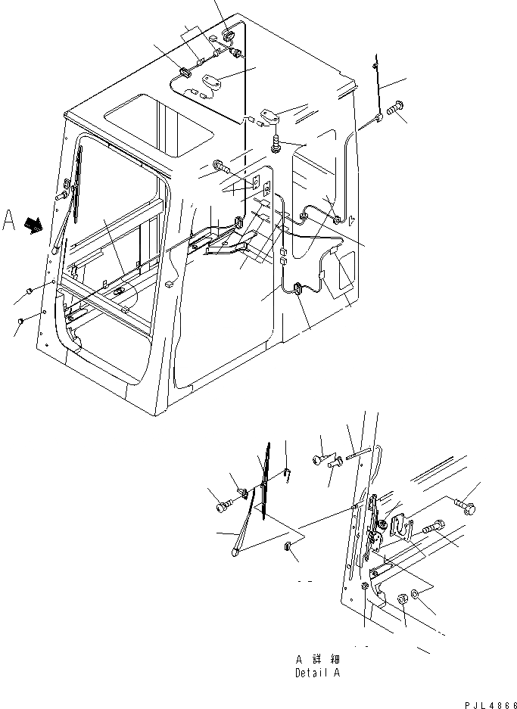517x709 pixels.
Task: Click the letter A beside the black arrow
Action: [x=9, y=220]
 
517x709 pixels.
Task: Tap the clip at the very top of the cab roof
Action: [x=229, y=33]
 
